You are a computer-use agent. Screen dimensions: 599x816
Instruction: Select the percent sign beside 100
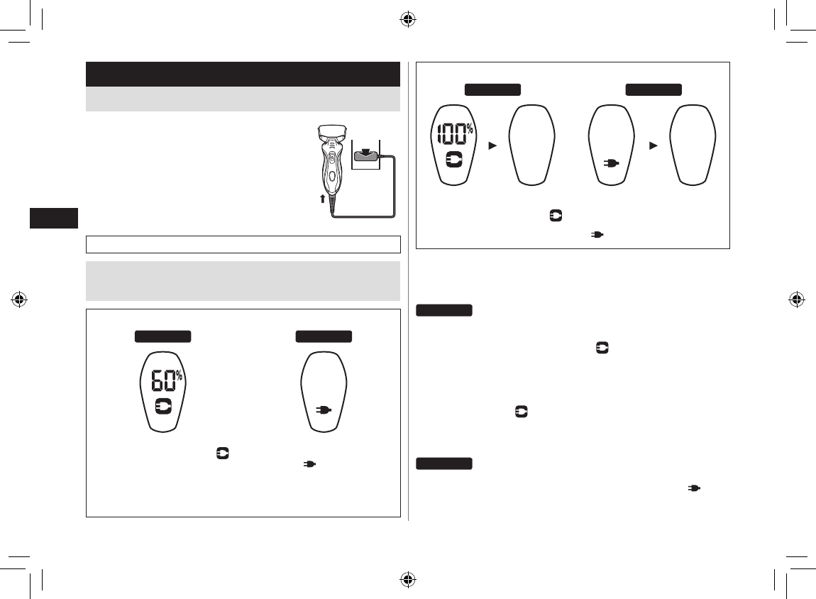(x=470, y=128)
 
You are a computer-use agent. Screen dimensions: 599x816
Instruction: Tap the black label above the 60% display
(x=163, y=336)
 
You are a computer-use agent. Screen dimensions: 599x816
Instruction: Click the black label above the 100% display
(x=493, y=89)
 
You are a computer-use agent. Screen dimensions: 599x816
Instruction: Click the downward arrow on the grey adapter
(x=365, y=150)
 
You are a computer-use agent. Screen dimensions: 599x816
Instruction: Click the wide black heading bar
(x=243, y=74)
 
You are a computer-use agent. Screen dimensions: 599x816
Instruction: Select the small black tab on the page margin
(x=53, y=218)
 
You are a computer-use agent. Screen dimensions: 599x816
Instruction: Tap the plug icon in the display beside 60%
(x=324, y=410)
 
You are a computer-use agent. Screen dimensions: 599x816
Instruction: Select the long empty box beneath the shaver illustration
(x=243, y=244)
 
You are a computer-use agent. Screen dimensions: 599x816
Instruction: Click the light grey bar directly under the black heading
(x=243, y=99)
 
